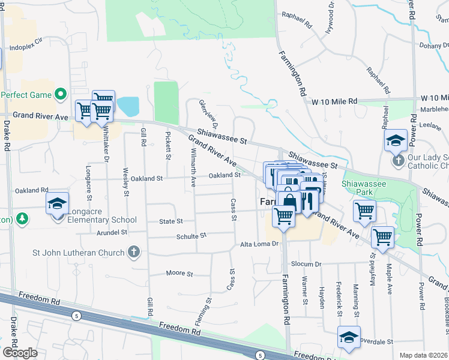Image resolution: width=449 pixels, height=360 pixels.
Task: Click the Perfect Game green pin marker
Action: (x=60, y=94)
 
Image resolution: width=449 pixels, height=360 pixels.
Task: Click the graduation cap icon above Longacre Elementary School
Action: (x=57, y=203)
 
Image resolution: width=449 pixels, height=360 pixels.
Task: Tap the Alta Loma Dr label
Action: (x=260, y=244)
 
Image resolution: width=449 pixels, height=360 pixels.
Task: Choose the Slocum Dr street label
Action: (x=306, y=264)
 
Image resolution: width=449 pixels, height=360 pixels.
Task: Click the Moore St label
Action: (x=179, y=274)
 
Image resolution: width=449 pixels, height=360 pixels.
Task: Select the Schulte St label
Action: (x=191, y=236)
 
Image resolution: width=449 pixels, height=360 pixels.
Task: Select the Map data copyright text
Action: (x=423, y=355)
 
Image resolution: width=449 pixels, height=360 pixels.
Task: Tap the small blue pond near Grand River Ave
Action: (x=128, y=107)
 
